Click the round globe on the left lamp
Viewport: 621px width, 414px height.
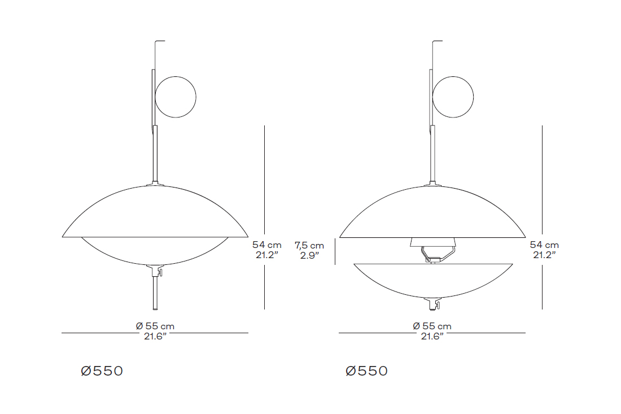pyautogui.click(x=176, y=97)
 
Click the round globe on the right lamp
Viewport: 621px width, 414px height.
pyautogui.click(x=453, y=97)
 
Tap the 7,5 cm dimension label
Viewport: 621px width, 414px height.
pyautogui.click(x=309, y=246)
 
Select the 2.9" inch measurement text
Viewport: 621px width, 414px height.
pyautogui.click(x=309, y=255)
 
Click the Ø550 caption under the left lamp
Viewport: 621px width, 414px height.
pyautogui.click(x=102, y=371)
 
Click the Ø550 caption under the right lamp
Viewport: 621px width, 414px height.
pyautogui.click(x=367, y=371)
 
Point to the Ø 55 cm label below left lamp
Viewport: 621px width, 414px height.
pyautogui.click(x=155, y=326)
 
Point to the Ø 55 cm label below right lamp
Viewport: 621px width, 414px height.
pyautogui.click(x=432, y=326)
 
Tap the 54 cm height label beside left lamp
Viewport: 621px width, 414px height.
pyautogui.click(x=267, y=245)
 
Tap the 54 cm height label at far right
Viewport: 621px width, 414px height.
pyautogui.click(x=545, y=245)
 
